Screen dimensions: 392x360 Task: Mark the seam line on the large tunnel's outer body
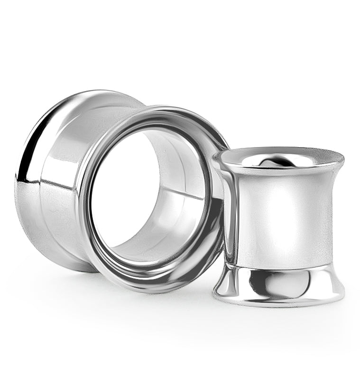point(52,183)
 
